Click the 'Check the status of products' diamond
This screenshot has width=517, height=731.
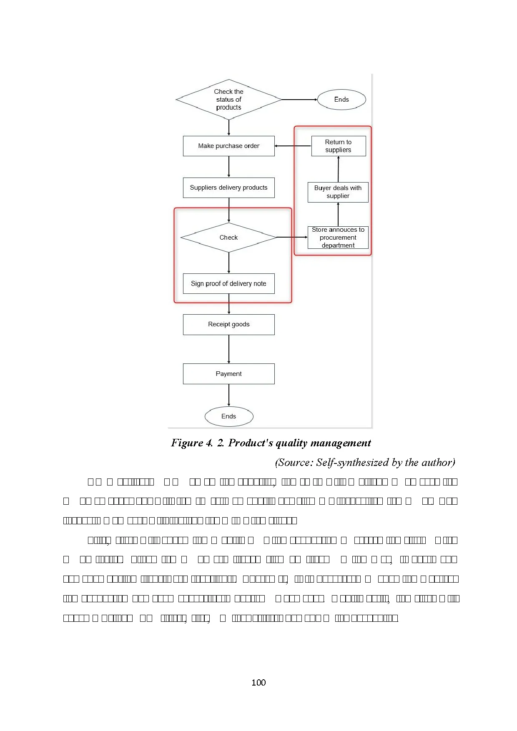click(x=228, y=100)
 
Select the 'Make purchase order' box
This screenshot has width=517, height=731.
click(x=228, y=146)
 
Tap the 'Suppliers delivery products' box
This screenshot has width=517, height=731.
click(x=228, y=188)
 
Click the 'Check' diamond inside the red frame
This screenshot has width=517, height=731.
click(x=228, y=238)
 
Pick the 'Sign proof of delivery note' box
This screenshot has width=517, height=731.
click(x=228, y=283)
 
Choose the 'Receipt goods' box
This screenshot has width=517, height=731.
click(x=228, y=324)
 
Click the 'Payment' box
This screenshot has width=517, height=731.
click(x=228, y=374)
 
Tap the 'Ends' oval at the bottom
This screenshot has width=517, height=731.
click(x=228, y=416)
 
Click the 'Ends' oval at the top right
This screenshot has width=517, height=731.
click(x=341, y=100)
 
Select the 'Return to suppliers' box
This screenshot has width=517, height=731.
click(x=338, y=146)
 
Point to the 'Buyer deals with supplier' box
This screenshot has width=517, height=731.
click(x=338, y=192)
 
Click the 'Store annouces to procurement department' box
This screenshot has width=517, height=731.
click(x=338, y=238)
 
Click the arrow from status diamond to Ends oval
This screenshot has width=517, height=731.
click(x=299, y=100)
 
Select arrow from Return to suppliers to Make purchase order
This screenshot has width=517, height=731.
click(x=293, y=146)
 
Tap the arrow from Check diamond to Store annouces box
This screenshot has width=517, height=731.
click(x=292, y=237)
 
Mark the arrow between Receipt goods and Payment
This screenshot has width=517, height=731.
click(x=229, y=349)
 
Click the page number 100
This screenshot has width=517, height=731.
click(x=258, y=682)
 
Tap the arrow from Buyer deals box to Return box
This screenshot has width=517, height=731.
click(x=338, y=169)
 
